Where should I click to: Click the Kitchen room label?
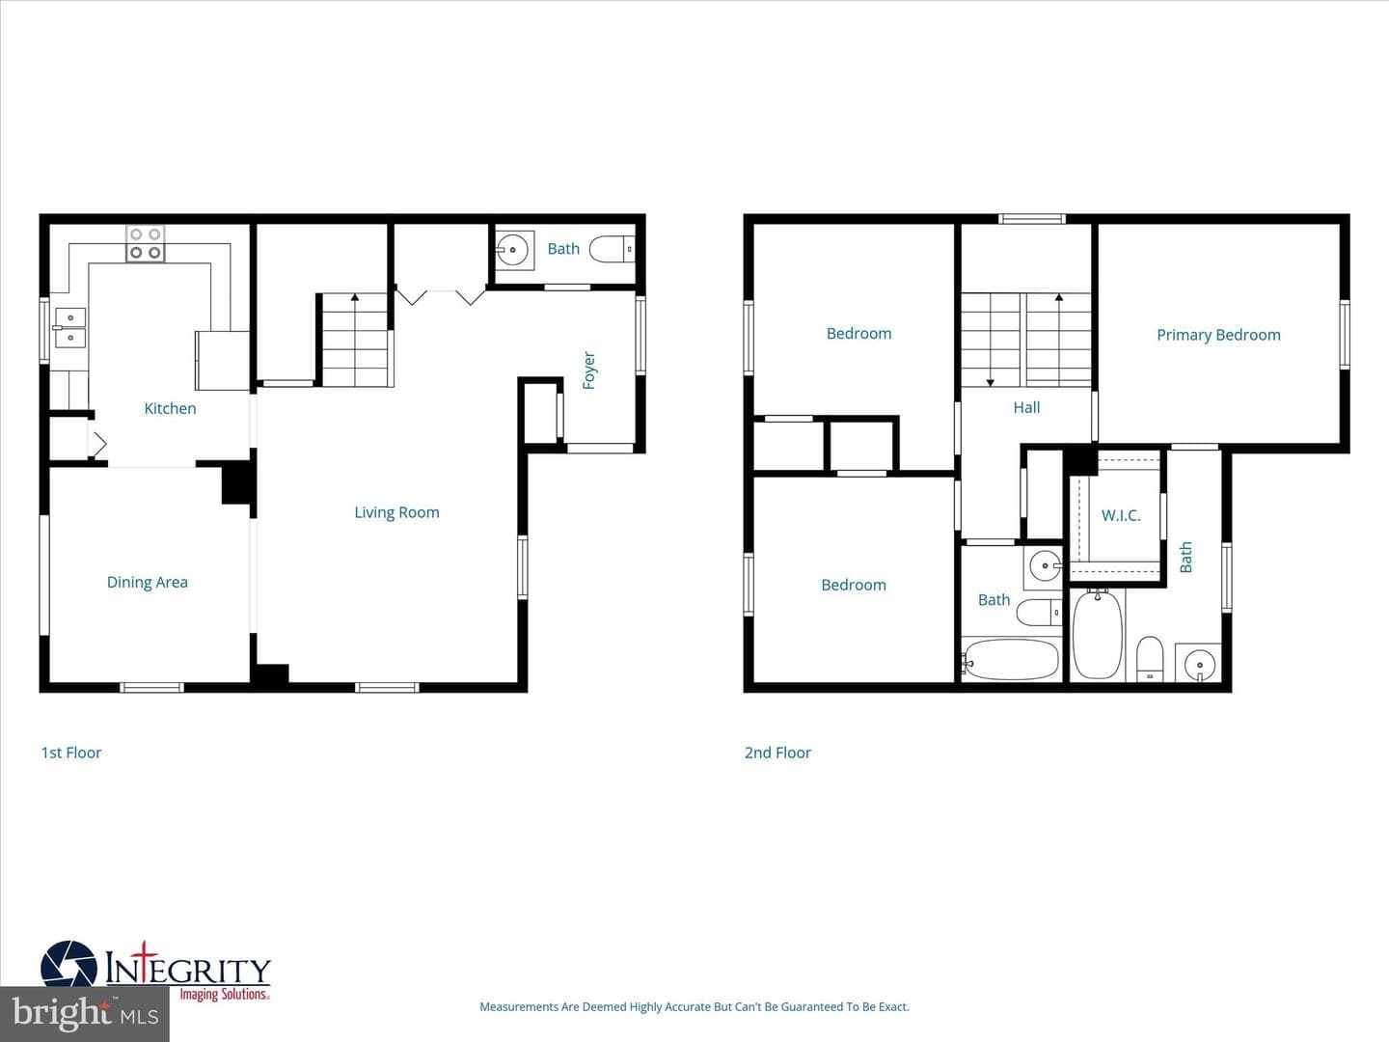[170, 409]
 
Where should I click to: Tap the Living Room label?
[396, 512]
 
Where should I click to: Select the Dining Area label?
[148, 582]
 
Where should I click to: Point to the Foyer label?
[589, 370]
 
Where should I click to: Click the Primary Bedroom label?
[1219, 336]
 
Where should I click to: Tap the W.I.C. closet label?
[1121, 515]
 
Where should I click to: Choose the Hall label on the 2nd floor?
[1026, 407]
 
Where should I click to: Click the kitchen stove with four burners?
[146, 243]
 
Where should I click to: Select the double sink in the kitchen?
[70, 328]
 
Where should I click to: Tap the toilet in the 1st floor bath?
[612, 249]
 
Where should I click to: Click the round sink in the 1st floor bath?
[512, 250]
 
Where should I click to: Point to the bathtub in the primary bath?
[1098, 635]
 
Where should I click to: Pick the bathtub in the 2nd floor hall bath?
[1011, 659]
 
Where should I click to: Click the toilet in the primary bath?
[1150, 658]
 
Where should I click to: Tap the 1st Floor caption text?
[71, 753]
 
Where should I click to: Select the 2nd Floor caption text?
[777, 753]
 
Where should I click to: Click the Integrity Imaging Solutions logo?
[155, 973]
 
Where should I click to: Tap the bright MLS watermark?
[85, 1013]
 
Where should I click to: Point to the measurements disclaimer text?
[694, 1006]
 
